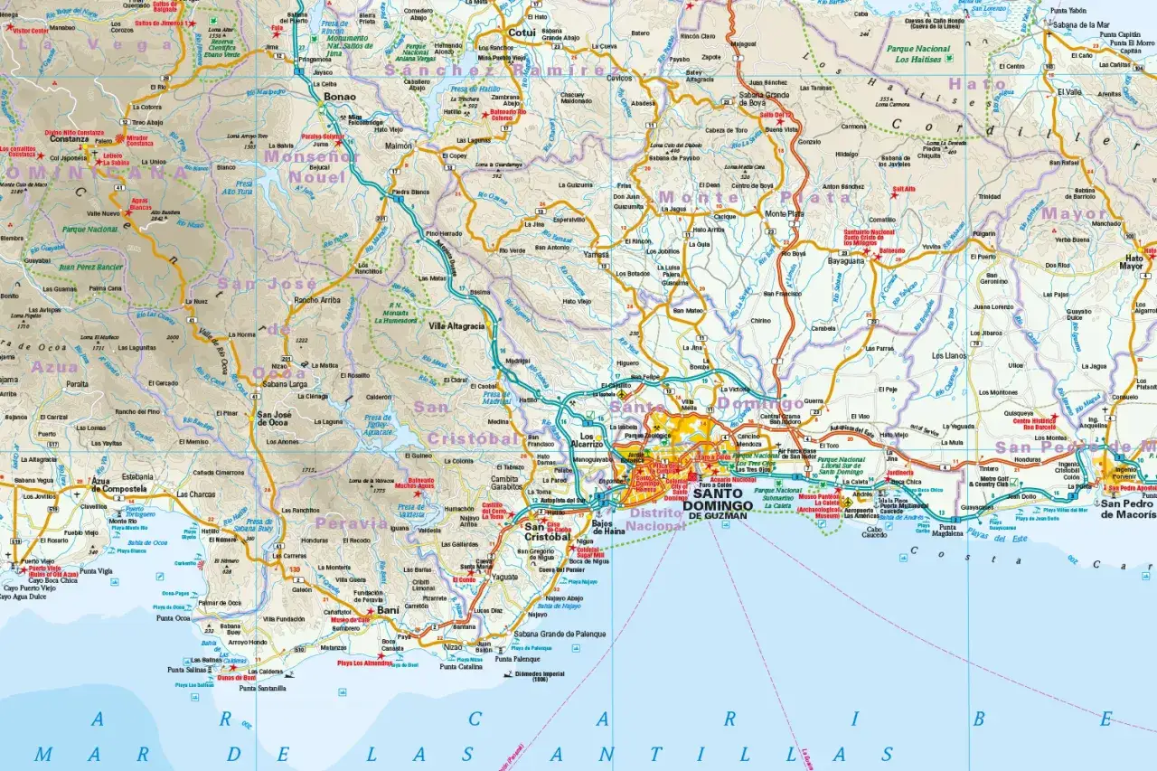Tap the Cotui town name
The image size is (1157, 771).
(522, 33)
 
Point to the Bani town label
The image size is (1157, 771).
(388, 611)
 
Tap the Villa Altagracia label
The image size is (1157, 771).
(456, 326)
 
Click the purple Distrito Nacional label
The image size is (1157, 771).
(654, 520)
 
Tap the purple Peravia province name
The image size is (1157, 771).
(351, 523)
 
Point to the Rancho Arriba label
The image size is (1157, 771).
(317, 301)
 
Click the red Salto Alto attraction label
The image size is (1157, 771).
(904, 190)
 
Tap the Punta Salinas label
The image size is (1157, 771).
(187, 670)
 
